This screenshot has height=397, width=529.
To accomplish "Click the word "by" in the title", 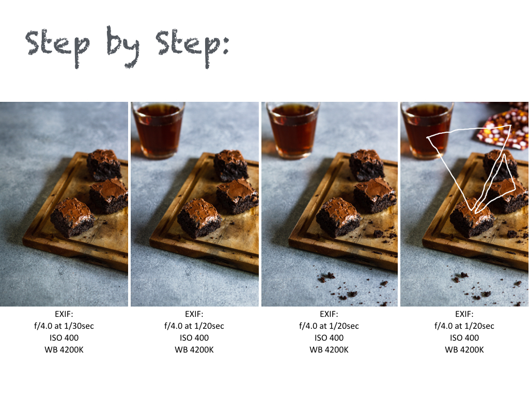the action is click(123, 47).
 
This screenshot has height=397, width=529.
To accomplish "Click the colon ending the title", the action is click(225, 45).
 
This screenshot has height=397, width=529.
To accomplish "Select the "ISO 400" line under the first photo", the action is click(64, 338).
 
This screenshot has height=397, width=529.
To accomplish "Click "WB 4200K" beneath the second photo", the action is click(194, 350).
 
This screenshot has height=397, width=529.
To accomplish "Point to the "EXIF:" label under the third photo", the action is click(329, 314).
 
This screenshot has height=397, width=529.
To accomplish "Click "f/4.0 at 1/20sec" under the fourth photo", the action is click(464, 326).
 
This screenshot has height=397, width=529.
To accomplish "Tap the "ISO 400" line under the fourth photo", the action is click(464, 338).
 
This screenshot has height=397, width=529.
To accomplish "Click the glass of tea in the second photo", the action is click(158, 130).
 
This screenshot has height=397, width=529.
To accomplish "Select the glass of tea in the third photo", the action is click(293, 130).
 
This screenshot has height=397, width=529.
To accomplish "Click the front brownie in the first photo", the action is click(72, 217).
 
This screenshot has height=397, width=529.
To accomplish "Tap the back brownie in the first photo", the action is click(104, 165).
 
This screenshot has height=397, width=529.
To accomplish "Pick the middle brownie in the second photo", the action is click(237, 196).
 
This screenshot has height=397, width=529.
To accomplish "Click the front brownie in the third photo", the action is click(338, 217).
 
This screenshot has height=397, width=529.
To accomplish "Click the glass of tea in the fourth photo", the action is click(427, 130).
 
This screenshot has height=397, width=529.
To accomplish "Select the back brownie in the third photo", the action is click(366, 165).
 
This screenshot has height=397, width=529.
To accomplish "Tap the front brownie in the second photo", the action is click(199, 218).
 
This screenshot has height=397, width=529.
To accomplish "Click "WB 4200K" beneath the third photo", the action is click(329, 350).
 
